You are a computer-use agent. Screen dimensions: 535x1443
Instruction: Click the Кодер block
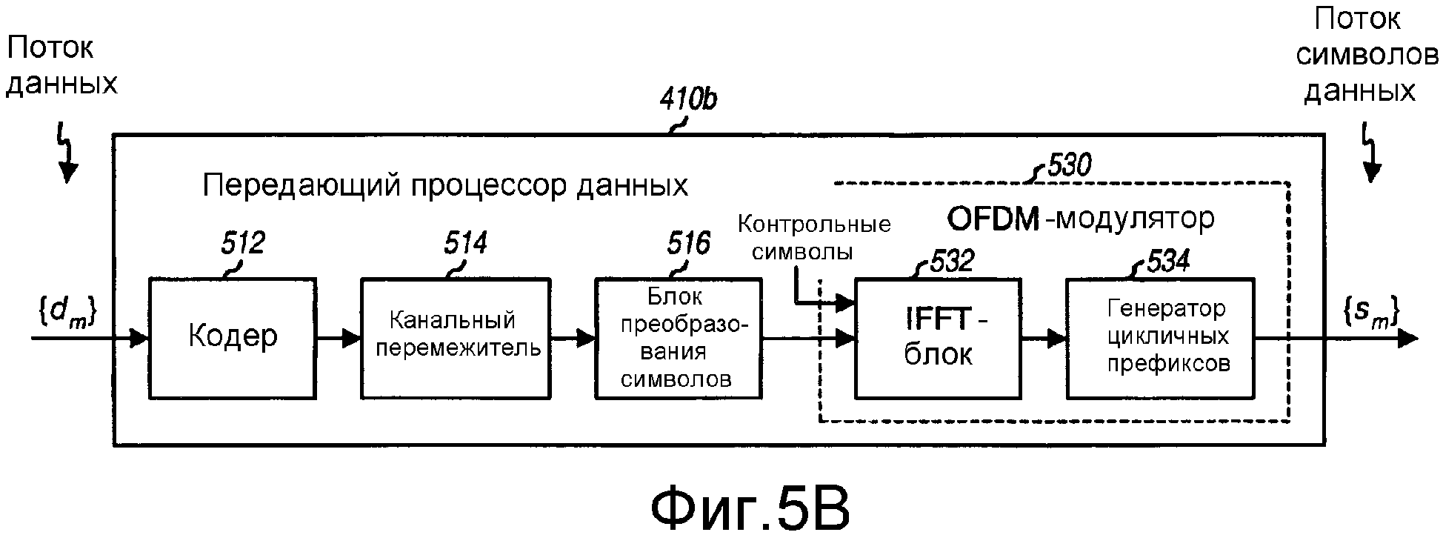click(233, 338)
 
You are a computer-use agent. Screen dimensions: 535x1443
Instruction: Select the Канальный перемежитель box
click(455, 338)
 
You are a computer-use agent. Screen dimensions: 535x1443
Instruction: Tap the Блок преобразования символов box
click(678, 338)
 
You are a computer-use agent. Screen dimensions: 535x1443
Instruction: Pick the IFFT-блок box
click(938, 338)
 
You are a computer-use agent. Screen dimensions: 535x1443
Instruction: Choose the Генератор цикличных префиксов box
click(1160, 338)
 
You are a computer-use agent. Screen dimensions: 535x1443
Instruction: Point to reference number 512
click(242, 243)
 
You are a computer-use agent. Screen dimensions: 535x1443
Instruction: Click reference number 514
click(465, 243)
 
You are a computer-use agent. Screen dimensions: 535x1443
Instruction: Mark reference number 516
click(688, 243)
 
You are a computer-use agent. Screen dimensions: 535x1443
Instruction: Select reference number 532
click(952, 262)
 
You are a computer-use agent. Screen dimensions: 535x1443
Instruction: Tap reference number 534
click(1168, 261)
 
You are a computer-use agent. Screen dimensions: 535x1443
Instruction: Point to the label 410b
click(688, 100)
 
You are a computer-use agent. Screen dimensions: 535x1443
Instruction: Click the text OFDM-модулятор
click(1081, 219)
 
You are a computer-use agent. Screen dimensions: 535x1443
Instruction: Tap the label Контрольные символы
click(813, 238)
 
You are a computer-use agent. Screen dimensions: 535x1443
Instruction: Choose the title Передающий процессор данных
click(445, 185)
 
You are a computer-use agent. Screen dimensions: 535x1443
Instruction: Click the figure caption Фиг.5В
click(749, 508)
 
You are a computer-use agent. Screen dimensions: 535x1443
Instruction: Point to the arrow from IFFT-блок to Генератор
click(1043, 339)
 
